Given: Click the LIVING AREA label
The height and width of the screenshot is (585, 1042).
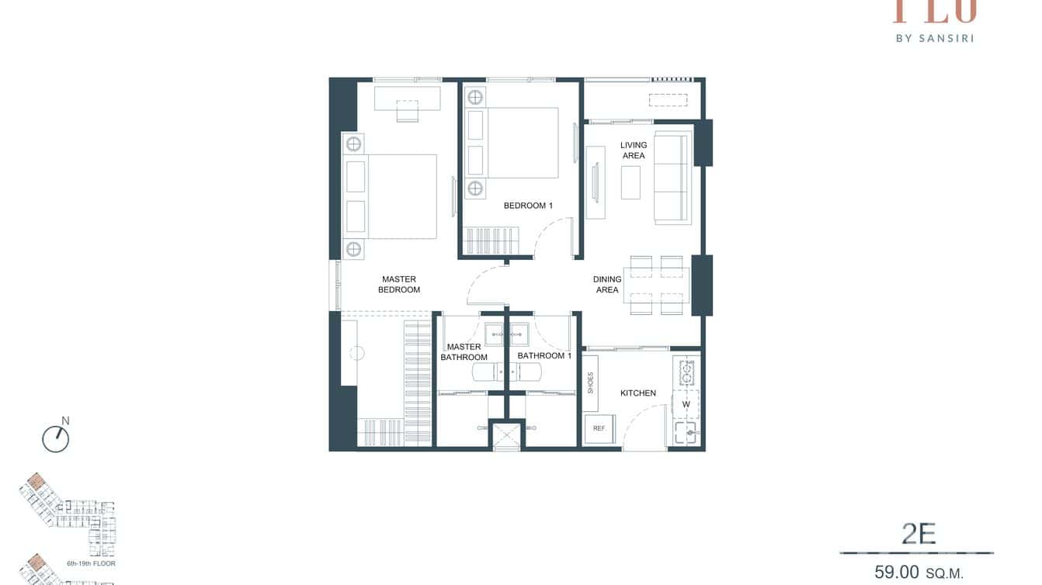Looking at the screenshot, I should coord(633,151).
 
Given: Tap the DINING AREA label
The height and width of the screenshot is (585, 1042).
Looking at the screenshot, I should coord(607,285).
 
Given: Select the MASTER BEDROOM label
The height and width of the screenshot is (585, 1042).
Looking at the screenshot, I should coord(398,285).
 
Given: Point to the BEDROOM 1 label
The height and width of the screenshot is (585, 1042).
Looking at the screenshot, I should coord(528,206).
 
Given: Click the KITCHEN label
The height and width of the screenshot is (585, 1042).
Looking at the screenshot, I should coord(637,393).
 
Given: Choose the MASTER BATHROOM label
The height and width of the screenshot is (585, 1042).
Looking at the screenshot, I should coord(464,352).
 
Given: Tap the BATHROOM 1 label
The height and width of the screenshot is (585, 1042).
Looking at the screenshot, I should coord(544,356).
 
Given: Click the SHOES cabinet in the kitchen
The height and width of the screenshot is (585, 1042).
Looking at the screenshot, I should coord(591,382).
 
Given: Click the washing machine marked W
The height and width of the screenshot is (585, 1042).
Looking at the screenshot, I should coord(686,404).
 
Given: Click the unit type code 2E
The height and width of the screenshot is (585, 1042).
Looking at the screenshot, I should coord(919,534).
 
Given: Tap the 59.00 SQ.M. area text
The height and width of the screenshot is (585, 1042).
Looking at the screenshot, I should coord(919,573).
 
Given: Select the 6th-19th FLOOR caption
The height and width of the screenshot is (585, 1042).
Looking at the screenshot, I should coord(92,563).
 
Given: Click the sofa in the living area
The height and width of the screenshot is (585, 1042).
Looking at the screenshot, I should coord(672,178).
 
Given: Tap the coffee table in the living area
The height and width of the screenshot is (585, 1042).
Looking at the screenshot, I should coord(630,182).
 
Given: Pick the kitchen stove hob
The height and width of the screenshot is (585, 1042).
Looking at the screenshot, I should coord(687,372).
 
